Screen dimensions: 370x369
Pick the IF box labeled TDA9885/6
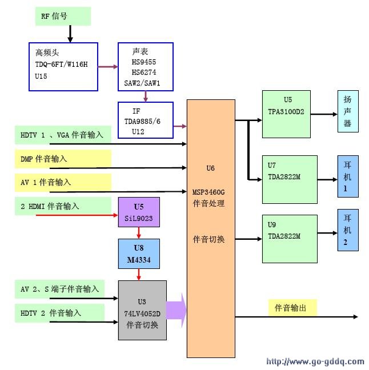point(145,120)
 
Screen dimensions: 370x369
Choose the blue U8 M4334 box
point(139,254)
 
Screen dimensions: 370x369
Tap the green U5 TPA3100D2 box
point(290,114)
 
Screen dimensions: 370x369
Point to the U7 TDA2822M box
point(290,179)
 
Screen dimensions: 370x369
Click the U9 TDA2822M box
point(290,238)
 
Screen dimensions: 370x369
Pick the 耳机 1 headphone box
point(348,176)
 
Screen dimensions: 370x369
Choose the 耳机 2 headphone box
point(348,230)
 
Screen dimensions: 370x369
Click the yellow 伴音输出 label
point(292,308)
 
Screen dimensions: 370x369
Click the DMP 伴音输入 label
point(63,159)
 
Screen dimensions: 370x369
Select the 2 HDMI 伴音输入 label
point(63,206)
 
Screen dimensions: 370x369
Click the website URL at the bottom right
point(315,361)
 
